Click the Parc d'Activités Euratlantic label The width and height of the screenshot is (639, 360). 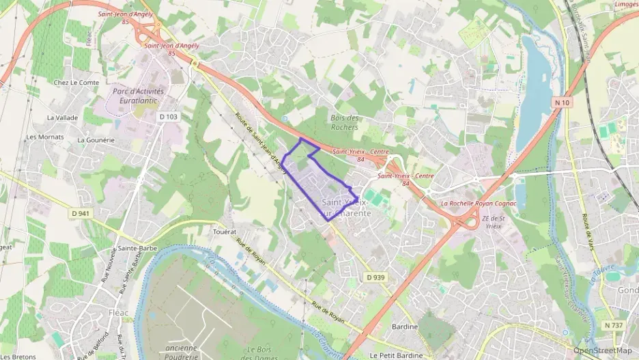[135, 95]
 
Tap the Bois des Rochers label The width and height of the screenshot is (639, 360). [344, 123]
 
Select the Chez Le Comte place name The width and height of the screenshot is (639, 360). [76, 83]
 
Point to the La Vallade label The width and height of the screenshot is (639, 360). [62, 117]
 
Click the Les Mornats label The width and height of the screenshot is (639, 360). [45, 137]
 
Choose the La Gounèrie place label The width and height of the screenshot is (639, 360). [96, 140]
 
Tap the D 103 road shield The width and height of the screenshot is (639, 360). [168, 117]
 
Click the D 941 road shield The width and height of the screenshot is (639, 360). [81, 213]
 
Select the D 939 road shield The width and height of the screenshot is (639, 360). [375, 277]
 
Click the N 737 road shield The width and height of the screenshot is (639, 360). [613, 325]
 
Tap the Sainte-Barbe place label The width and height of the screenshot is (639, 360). [134, 248]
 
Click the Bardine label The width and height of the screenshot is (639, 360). [405, 327]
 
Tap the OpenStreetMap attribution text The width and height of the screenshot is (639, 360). [603, 350]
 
